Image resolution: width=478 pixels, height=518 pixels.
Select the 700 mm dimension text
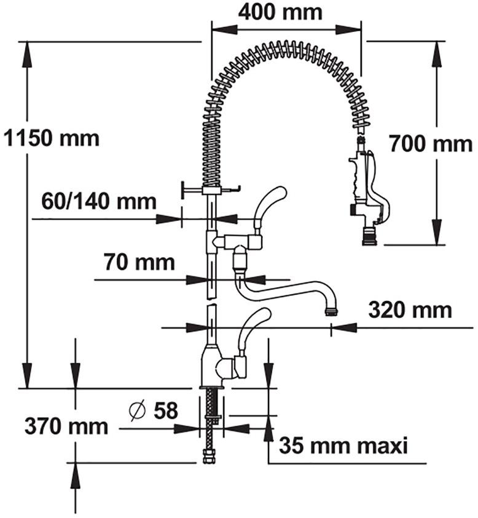click(x=431, y=144)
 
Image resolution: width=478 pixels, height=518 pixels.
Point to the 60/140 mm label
click(x=99, y=201)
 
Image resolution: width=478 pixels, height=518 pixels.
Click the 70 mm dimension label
click(x=140, y=262)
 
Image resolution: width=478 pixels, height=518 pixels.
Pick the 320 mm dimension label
click(x=410, y=310)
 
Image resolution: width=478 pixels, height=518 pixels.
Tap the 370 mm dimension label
click(x=66, y=426)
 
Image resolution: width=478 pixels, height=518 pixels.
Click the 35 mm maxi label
click(x=343, y=445)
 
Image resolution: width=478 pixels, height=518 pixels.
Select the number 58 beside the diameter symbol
click(x=166, y=410)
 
